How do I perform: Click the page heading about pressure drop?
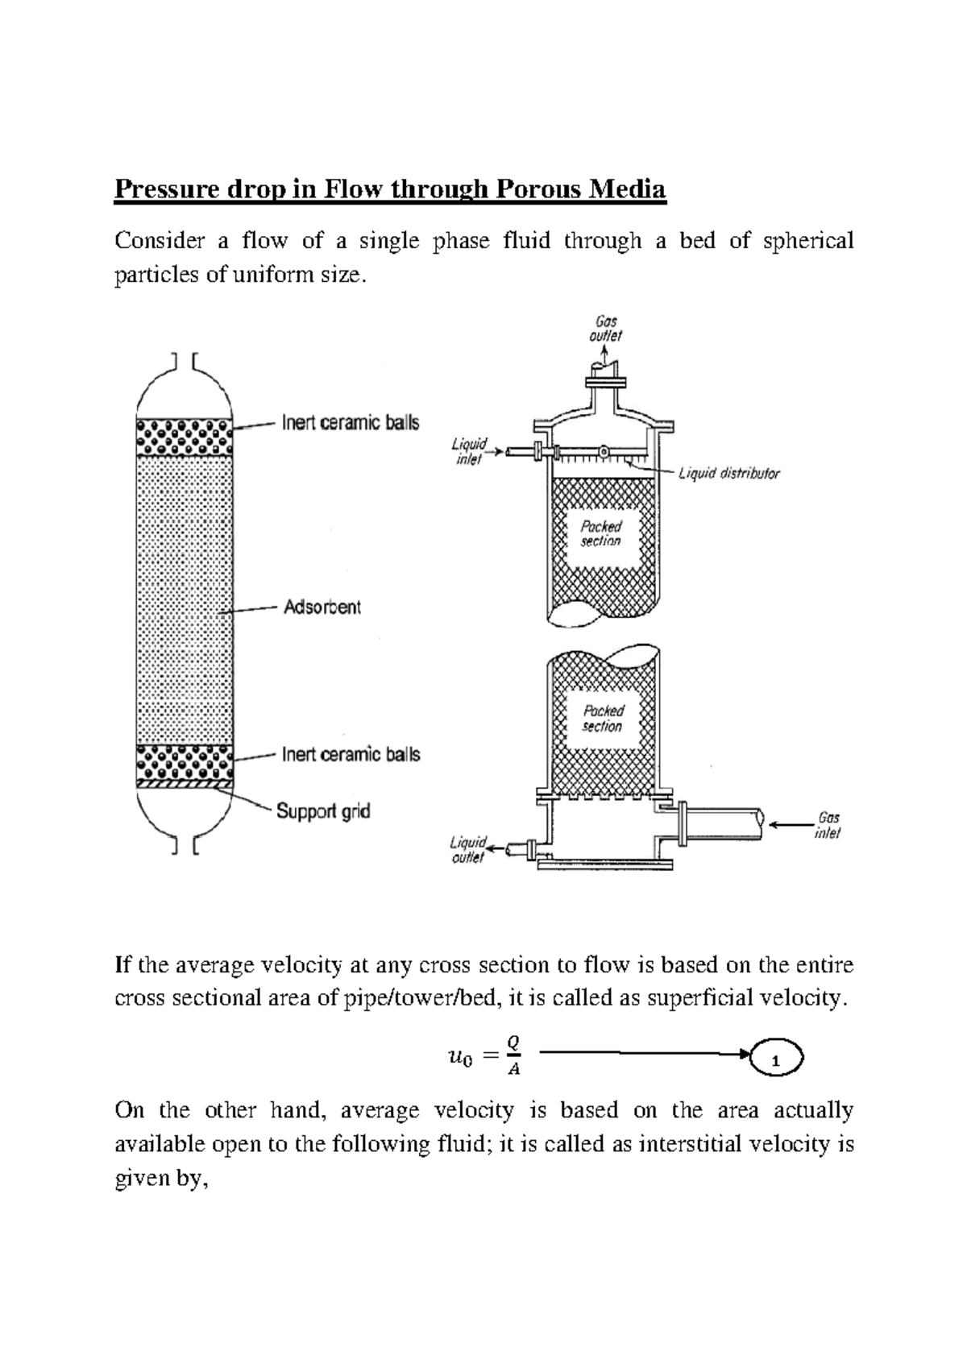[390, 190]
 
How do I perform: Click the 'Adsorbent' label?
[322, 607]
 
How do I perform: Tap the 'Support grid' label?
[323, 810]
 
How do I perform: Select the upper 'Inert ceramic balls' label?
[350, 423]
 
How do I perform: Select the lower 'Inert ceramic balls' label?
[351, 755]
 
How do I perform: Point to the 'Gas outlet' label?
[604, 329]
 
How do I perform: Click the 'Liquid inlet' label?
[468, 451]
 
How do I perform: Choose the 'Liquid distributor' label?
[728, 474]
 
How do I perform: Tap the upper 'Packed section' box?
[601, 533]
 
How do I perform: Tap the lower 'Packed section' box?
[603, 718]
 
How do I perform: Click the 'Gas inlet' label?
[828, 826]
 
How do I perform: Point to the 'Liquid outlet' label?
[467, 850]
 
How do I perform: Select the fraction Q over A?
[513, 1056]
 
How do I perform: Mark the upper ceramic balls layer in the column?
[185, 437]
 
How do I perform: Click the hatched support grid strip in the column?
[185, 782]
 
